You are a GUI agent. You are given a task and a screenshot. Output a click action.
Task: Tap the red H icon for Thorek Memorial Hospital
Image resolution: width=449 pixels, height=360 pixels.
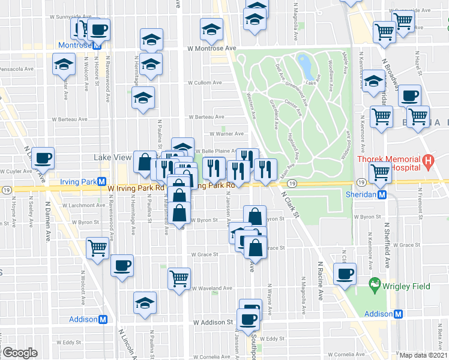[x=427, y=160]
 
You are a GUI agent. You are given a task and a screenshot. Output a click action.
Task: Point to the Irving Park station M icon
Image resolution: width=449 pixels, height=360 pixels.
[x=102, y=182]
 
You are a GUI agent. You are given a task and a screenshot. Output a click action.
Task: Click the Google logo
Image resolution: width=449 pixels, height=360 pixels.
[x=20, y=353]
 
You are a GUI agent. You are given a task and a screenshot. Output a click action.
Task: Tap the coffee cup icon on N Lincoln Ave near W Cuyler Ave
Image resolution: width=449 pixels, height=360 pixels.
[x=43, y=159]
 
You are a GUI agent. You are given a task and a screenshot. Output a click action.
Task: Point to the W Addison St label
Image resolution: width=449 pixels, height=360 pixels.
[x=212, y=322]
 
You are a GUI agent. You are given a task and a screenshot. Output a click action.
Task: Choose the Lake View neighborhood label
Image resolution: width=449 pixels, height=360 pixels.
[x=112, y=157]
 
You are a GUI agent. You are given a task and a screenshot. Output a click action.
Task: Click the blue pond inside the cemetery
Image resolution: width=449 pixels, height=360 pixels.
[x=304, y=63]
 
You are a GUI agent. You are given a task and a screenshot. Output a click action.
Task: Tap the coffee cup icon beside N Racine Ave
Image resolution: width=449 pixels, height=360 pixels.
[x=345, y=274]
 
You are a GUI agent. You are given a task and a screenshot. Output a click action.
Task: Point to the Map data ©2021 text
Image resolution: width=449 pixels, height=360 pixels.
[x=423, y=355]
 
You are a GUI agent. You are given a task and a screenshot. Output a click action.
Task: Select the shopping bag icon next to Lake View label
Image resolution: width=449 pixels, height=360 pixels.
[x=145, y=161]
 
